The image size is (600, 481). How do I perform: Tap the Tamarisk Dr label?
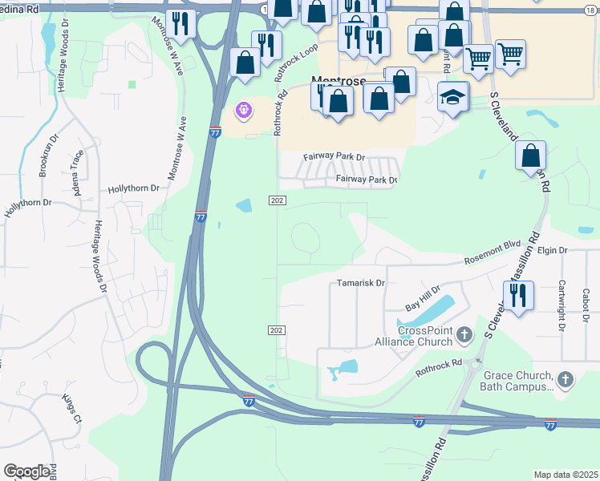(361, 283)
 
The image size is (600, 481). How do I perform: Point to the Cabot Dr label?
(586, 301)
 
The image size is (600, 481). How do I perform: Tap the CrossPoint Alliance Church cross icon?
(464, 336)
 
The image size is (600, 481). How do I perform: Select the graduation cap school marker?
(452, 97)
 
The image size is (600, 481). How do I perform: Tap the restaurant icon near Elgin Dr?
(519, 295)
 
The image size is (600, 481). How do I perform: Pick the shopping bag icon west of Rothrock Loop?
(245, 63)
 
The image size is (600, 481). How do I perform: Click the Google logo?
(26, 471)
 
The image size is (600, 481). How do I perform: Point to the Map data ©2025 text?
(565, 475)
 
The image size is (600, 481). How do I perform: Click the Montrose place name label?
(338, 81)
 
